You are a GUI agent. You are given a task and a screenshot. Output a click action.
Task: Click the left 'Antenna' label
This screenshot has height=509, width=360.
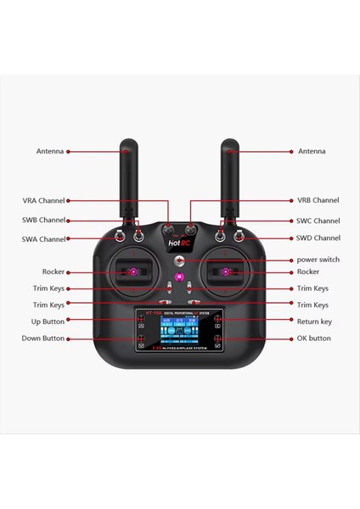click(49, 152)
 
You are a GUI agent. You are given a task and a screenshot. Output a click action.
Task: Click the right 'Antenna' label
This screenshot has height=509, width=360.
click(312, 152)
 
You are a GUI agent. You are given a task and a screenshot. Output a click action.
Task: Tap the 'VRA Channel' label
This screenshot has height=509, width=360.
click(43, 201)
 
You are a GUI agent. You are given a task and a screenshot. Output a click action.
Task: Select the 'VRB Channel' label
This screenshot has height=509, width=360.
click(318, 200)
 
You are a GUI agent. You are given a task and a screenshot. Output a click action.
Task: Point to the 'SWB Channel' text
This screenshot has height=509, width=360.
click(43, 221)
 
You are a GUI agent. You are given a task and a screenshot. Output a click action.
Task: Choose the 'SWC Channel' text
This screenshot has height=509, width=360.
click(318, 220)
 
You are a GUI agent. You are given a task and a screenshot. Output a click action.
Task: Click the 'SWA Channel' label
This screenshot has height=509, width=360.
click(43, 239)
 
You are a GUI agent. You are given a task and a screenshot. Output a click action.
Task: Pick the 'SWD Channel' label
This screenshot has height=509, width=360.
click(318, 238)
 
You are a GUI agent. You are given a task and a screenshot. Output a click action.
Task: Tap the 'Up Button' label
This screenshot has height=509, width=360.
click(48, 322)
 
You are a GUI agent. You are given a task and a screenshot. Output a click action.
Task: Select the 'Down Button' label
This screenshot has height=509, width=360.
click(43, 338)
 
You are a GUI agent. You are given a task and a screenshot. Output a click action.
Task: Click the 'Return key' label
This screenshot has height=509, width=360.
click(314, 322)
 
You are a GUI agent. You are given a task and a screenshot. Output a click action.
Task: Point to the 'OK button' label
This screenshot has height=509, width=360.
click(314, 338)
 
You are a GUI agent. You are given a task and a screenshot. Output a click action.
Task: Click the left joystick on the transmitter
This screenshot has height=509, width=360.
click(133, 272)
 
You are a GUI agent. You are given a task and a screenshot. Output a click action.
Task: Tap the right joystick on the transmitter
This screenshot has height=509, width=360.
click(226, 272)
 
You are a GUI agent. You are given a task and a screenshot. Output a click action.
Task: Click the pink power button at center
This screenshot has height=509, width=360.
click(179, 277)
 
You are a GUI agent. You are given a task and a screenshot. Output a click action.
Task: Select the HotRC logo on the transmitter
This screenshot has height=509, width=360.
click(180, 242)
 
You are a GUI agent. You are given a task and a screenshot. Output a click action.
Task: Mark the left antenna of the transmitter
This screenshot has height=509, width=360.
click(127, 182)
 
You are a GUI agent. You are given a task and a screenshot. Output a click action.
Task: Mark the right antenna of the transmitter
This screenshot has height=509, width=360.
click(232, 182)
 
